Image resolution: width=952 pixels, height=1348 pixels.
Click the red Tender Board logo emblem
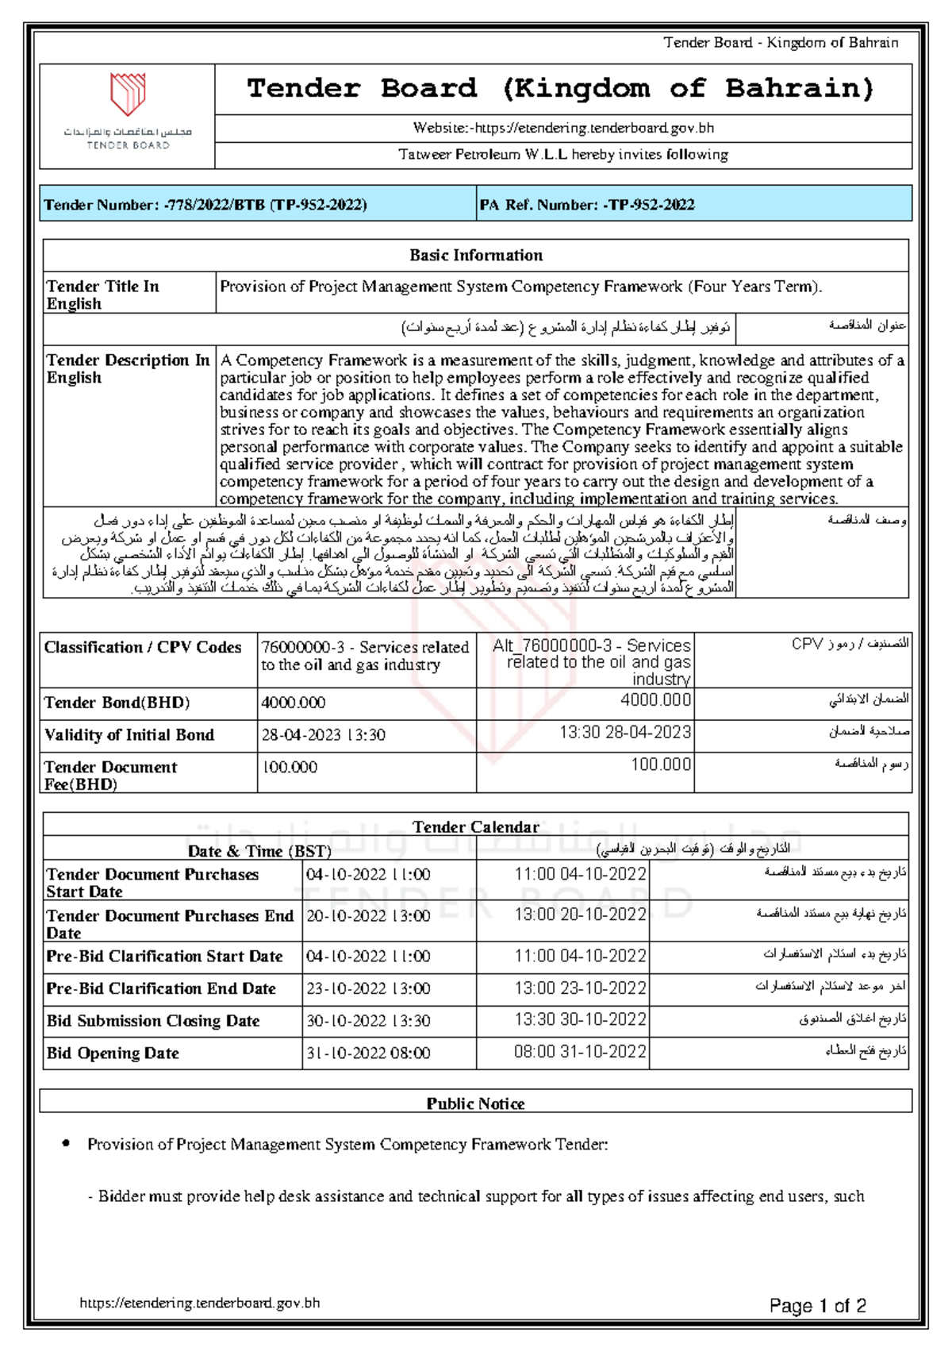(x=128, y=94)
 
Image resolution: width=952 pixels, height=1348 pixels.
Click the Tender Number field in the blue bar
(x=205, y=205)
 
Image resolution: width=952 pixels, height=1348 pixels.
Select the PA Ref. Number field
(x=586, y=205)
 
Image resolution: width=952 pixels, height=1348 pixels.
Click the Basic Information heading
(x=476, y=256)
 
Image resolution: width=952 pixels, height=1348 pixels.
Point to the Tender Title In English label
(x=102, y=295)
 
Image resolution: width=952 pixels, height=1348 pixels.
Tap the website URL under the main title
(x=563, y=128)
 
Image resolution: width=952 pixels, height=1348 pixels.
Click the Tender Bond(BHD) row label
(x=117, y=703)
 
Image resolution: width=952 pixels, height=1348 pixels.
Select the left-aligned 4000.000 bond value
(x=294, y=703)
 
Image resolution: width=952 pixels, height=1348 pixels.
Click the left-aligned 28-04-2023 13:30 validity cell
(x=324, y=735)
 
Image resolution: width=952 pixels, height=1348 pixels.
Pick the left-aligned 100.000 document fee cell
(x=290, y=768)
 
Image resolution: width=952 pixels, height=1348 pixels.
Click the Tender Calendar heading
(x=476, y=827)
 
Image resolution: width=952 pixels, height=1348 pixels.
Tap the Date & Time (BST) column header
(x=259, y=851)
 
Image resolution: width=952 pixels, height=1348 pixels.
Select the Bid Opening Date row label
(x=113, y=1053)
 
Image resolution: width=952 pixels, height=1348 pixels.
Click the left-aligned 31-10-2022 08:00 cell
(x=369, y=1053)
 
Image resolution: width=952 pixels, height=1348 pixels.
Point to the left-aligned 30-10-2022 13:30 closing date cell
(x=369, y=1021)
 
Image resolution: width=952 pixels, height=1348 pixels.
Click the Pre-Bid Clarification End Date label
(x=161, y=989)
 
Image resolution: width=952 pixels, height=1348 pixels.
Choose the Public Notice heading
(x=476, y=1103)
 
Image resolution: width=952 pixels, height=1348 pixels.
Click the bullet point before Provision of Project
(x=67, y=1144)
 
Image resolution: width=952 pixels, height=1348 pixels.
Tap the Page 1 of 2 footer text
(x=817, y=1306)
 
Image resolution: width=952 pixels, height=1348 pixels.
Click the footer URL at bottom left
(x=200, y=1303)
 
